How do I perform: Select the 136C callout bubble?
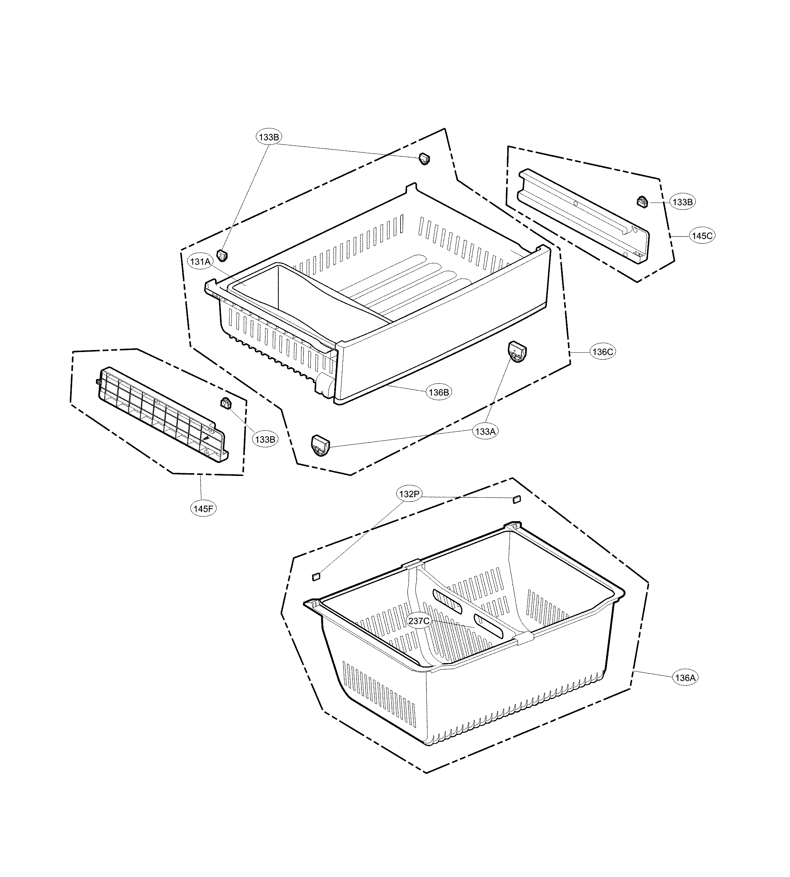pos(603,352)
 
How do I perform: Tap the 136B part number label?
pos(439,392)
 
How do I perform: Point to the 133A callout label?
pos(485,431)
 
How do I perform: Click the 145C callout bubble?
pos(702,236)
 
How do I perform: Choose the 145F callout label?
pos(203,509)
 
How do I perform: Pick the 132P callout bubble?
pos(409,494)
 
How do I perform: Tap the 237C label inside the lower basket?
pos(419,621)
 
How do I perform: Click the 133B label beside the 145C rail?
pos(682,202)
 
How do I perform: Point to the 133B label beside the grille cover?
pos(265,439)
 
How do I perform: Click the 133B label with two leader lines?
pos(269,137)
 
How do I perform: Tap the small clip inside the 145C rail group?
pos(642,202)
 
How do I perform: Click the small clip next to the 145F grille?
pos(225,403)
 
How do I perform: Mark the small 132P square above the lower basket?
pos(516,499)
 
